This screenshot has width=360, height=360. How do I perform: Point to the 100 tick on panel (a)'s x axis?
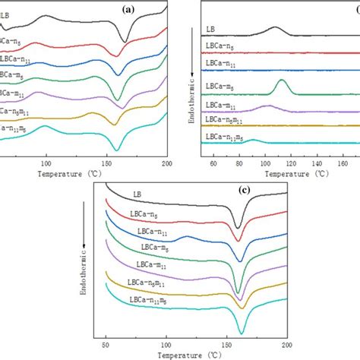click(47, 163)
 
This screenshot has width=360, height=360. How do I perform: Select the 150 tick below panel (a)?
click(106, 163)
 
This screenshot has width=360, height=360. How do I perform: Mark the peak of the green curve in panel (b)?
click(282, 81)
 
